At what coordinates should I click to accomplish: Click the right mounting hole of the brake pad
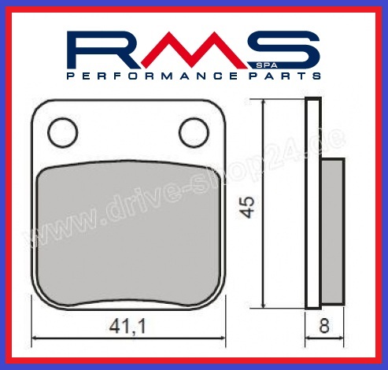click(x=190, y=134)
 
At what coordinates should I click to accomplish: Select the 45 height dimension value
click(x=250, y=206)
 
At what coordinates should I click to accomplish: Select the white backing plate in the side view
click(x=314, y=205)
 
